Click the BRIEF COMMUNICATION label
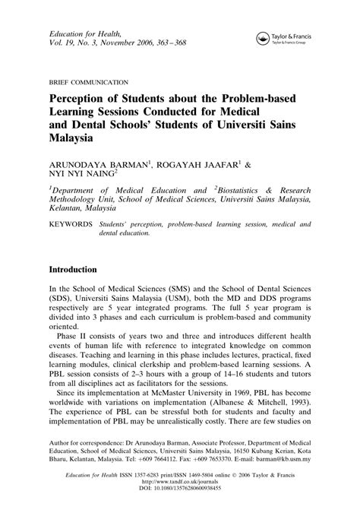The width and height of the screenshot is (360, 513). click(88, 81)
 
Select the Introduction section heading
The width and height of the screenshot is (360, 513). click(72, 270)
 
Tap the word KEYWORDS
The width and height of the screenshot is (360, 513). click(71, 226)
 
